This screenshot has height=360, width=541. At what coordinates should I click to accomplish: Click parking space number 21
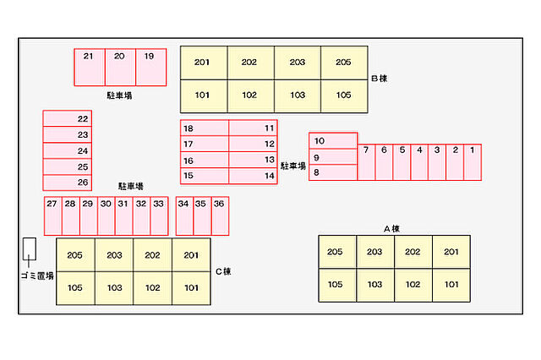[x=90, y=67]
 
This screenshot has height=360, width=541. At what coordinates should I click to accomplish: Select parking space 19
[x=150, y=67]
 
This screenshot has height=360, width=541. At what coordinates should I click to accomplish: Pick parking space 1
[x=473, y=161]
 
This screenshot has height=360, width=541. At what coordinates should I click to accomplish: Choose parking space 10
[x=333, y=140]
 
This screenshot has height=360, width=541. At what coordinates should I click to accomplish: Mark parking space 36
[x=220, y=215]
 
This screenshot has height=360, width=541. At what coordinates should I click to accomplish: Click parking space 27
[x=52, y=215]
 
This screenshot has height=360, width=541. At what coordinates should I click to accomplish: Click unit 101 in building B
[x=204, y=95]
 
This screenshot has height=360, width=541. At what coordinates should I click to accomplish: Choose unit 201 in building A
[x=451, y=252]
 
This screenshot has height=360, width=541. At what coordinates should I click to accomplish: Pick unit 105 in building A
[x=336, y=285]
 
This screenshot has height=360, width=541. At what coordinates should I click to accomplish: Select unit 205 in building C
[x=75, y=255]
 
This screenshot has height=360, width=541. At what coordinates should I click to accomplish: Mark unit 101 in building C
[x=191, y=288]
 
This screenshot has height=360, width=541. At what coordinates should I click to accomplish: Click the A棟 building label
[x=391, y=228]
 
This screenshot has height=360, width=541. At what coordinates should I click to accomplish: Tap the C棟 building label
[x=222, y=271]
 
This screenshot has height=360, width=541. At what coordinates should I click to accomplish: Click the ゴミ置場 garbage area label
[x=37, y=276]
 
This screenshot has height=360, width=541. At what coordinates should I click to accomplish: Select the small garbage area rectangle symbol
[x=30, y=248]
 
